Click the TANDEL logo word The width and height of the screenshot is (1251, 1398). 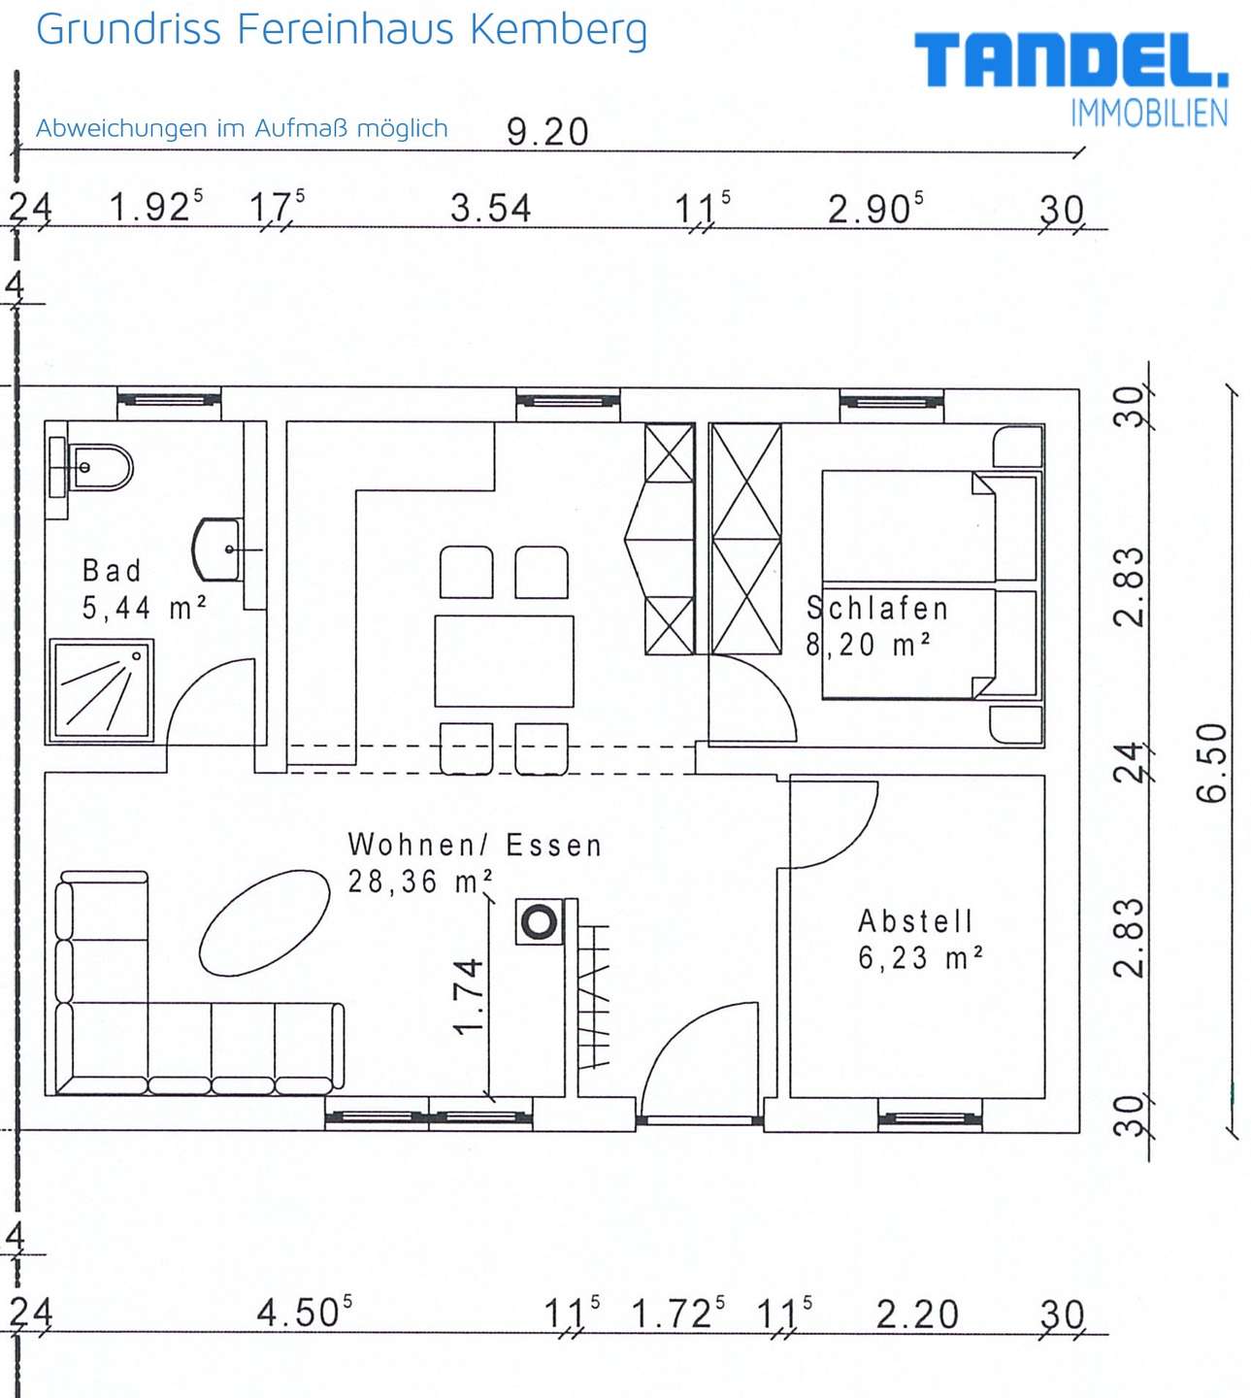click(x=1070, y=60)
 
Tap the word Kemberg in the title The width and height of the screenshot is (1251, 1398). click(x=559, y=31)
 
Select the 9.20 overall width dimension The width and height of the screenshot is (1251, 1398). click(x=548, y=132)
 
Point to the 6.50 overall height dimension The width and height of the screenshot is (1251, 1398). click(x=1211, y=762)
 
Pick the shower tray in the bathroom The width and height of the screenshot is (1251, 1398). click(x=101, y=690)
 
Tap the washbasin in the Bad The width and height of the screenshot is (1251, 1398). click(x=216, y=549)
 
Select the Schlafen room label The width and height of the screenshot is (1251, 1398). click(x=877, y=609)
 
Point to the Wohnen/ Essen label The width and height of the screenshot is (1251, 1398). click(x=475, y=846)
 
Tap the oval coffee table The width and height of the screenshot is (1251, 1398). click(x=265, y=923)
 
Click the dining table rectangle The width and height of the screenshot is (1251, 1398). click(x=504, y=661)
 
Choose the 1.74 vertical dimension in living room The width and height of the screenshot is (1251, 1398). click(x=469, y=996)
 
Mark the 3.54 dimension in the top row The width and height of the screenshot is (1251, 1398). click(x=491, y=208)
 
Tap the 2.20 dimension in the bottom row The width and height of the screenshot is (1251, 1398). click(x=917, y=1315)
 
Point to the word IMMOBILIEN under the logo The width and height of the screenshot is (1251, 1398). click(x=1149, y=114)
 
